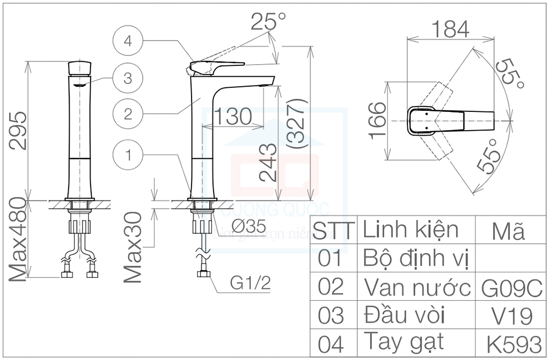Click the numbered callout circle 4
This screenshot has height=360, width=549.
(127, 41)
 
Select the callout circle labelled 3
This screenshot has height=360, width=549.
(127, 78)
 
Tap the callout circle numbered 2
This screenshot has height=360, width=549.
(127, 114)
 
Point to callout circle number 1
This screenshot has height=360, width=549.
(127, 155)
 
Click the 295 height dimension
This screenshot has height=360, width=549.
(18, 131)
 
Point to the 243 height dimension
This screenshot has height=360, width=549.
(268, 162)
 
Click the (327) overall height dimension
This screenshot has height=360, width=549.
(296, 125)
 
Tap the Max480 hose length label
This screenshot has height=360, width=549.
(18, 242)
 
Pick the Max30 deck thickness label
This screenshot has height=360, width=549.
(133, 248)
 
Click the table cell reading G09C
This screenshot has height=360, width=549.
(511, 287)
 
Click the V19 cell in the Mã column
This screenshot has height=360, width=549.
(511, 316)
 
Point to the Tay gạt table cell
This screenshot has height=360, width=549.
(404, 343)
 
